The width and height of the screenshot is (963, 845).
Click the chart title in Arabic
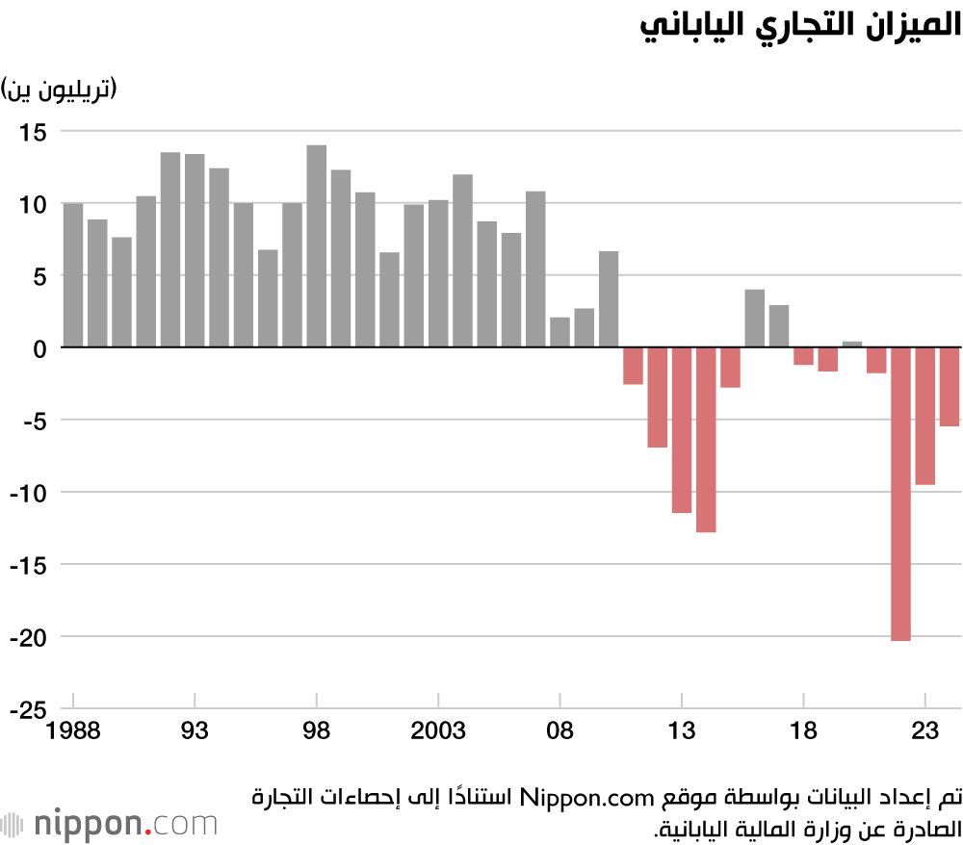point(800,26)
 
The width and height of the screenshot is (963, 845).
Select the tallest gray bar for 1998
point(316,245)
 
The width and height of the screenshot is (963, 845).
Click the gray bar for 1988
point(73,274)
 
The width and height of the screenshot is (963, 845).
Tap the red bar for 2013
point(682,429)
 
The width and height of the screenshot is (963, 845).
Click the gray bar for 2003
point(438,273)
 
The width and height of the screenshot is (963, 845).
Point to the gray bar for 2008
point(560,332)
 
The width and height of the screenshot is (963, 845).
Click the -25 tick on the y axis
point(30,709)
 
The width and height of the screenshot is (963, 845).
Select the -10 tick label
point(30,493)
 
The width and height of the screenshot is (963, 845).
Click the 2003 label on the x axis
point(438,732)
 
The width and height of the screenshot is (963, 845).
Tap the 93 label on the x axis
point(195,732)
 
